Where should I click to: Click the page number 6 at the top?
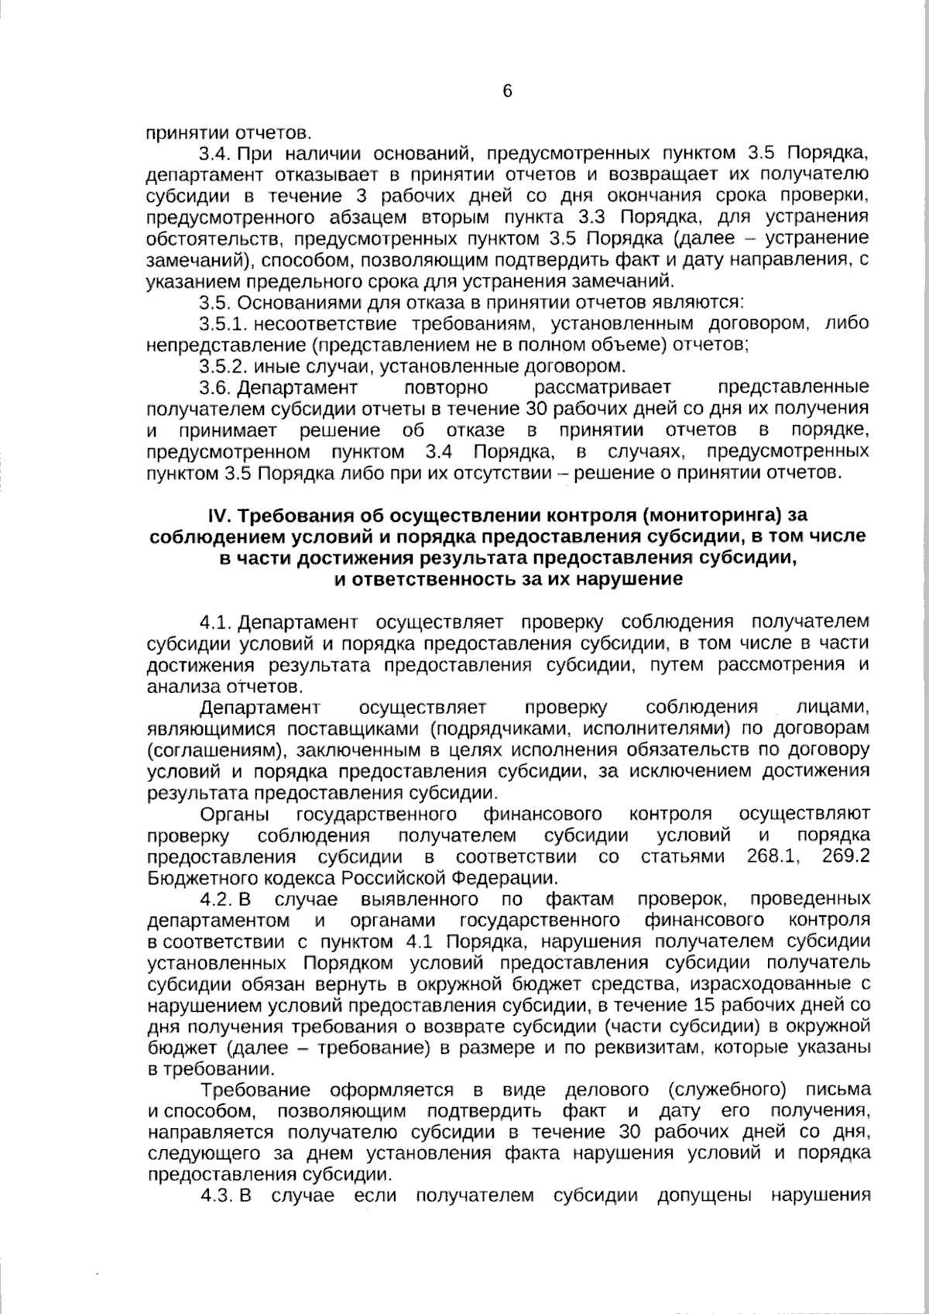click(x=507, y=91)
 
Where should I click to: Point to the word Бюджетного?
click(x=195, y=878)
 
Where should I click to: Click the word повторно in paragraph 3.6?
click(x=446, y=387)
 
